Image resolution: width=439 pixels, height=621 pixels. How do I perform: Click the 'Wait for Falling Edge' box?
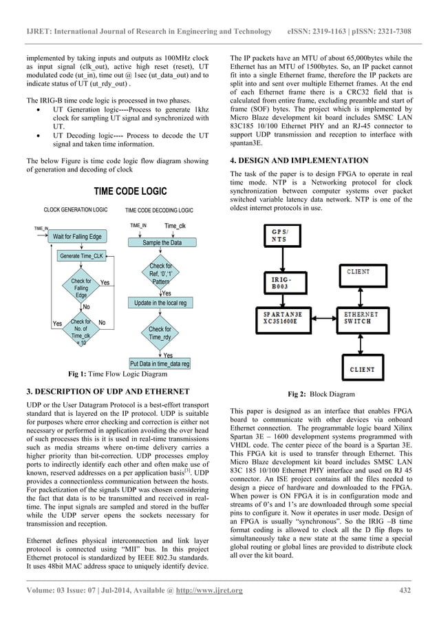click(x=76, y=237)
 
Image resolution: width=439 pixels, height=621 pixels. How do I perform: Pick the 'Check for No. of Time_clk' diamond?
click(x=81, y=330)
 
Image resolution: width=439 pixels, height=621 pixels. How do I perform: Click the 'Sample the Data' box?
click(x=162, y=243)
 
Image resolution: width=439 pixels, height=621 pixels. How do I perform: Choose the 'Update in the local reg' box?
click(x=160, y=303)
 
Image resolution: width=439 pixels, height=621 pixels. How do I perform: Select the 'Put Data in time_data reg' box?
click(x=160, y=364)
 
